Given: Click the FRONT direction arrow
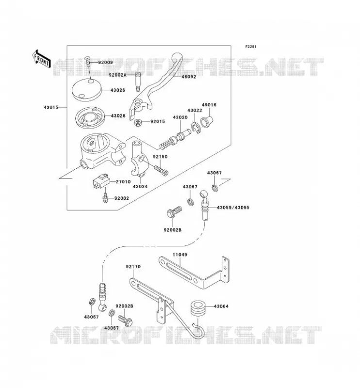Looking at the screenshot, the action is (x=42, y=59).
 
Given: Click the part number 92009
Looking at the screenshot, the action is (x=105, y=63).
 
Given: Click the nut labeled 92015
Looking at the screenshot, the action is (x=138, y=122).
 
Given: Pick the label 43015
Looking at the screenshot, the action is (x=51, y=107).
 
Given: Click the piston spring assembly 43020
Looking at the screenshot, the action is (x=175, y=140).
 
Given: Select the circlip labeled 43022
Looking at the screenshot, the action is (x=196, y=128).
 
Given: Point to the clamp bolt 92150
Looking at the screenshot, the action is (x=162, y=170).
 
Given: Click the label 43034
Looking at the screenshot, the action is (x=140, y=186).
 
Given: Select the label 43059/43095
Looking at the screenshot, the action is (x=233, y=208).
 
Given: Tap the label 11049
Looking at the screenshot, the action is (x=180, y=255).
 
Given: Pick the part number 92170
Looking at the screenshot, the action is (x=133, y=267).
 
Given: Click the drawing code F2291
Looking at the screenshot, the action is (x=251, y=47).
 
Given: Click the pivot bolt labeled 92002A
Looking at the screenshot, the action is (x=138, y=81).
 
